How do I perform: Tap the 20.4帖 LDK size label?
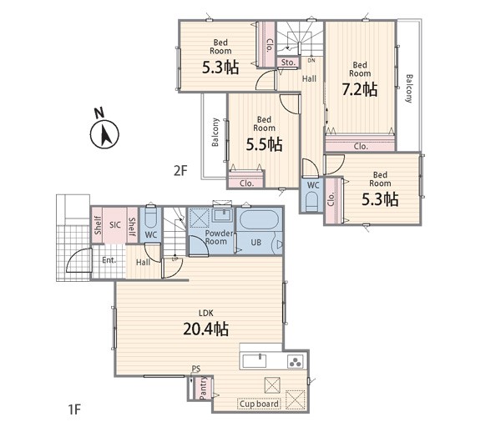tap(205, 329)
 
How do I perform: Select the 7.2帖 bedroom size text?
tap(360, 89)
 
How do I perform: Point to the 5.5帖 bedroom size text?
tap(264, 144)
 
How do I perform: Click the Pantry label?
tap(204, 389)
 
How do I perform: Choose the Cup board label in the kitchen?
tap(259, 404)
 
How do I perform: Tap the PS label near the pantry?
tap(196, 369)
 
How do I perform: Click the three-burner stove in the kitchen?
tap(296, 362)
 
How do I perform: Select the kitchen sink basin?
tap(255, 361)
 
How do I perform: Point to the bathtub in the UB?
tap(258, 220)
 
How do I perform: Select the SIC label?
tap(115, 225)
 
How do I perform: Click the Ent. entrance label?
tap(109, 260)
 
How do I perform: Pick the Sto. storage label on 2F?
tap(288, 63)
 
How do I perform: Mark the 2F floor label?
tap(180, 171)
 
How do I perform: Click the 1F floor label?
tap(74, 409)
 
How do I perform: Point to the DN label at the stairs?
tap(311, 60)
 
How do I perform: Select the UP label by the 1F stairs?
tap(175, 259)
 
